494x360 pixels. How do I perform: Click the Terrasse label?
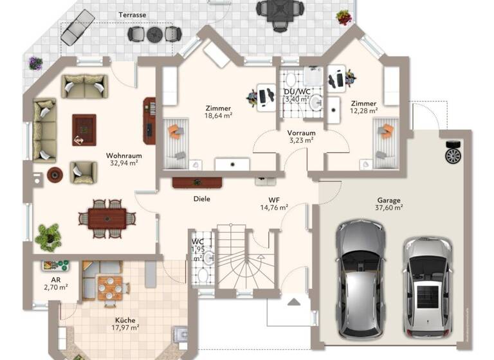tap(133, 14)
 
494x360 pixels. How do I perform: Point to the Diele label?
tap(201, 199)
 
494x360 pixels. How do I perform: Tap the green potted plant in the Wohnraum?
tap(48, 236)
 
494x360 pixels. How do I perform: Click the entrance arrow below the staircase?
tap(294, 301)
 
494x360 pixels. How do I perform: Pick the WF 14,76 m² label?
tap(273, 203)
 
